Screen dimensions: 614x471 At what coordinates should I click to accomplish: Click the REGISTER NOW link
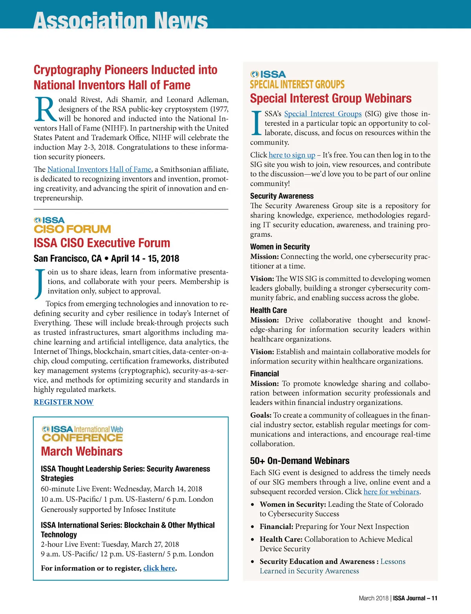(x=64, y=402)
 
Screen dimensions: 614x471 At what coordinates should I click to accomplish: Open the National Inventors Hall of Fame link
(x=99, y=169)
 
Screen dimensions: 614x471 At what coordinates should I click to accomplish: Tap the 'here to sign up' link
(x=292, y=155)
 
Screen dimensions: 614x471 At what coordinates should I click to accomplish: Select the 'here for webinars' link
(x=391, y=492)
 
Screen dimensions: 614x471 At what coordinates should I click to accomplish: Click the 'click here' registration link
(x=159, y=568)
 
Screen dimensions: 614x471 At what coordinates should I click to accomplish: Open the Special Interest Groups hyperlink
(x=323, y=114)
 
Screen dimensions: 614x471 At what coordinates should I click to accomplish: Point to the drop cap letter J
(x=39, y=283)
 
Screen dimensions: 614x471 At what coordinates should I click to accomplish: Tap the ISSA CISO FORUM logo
(x=72, y=225)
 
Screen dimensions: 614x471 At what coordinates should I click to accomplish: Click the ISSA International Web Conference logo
(x=82, y=434)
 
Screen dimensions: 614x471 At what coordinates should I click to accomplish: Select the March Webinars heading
(x=82, y=451)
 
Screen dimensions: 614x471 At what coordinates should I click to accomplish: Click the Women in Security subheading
(x=280, y=247)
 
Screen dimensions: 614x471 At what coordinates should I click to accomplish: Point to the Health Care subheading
(x=268, y=310)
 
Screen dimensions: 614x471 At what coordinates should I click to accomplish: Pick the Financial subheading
(x=265, y=374)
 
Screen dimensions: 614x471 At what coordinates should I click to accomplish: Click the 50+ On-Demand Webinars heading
(x=299, y=460)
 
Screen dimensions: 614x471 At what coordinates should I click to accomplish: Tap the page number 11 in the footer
(x=434, y=598)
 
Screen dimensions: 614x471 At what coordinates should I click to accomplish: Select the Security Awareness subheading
(x=282, y=196)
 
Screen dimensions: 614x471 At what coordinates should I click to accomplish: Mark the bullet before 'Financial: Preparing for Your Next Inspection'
(x=254, y=527)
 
